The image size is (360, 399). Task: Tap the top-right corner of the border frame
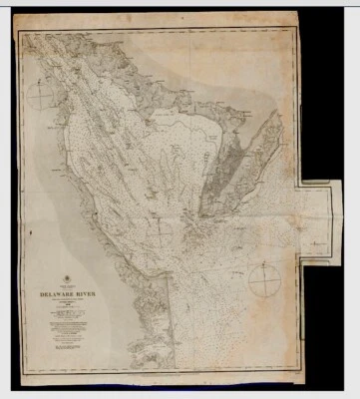(x=298, y=30)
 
